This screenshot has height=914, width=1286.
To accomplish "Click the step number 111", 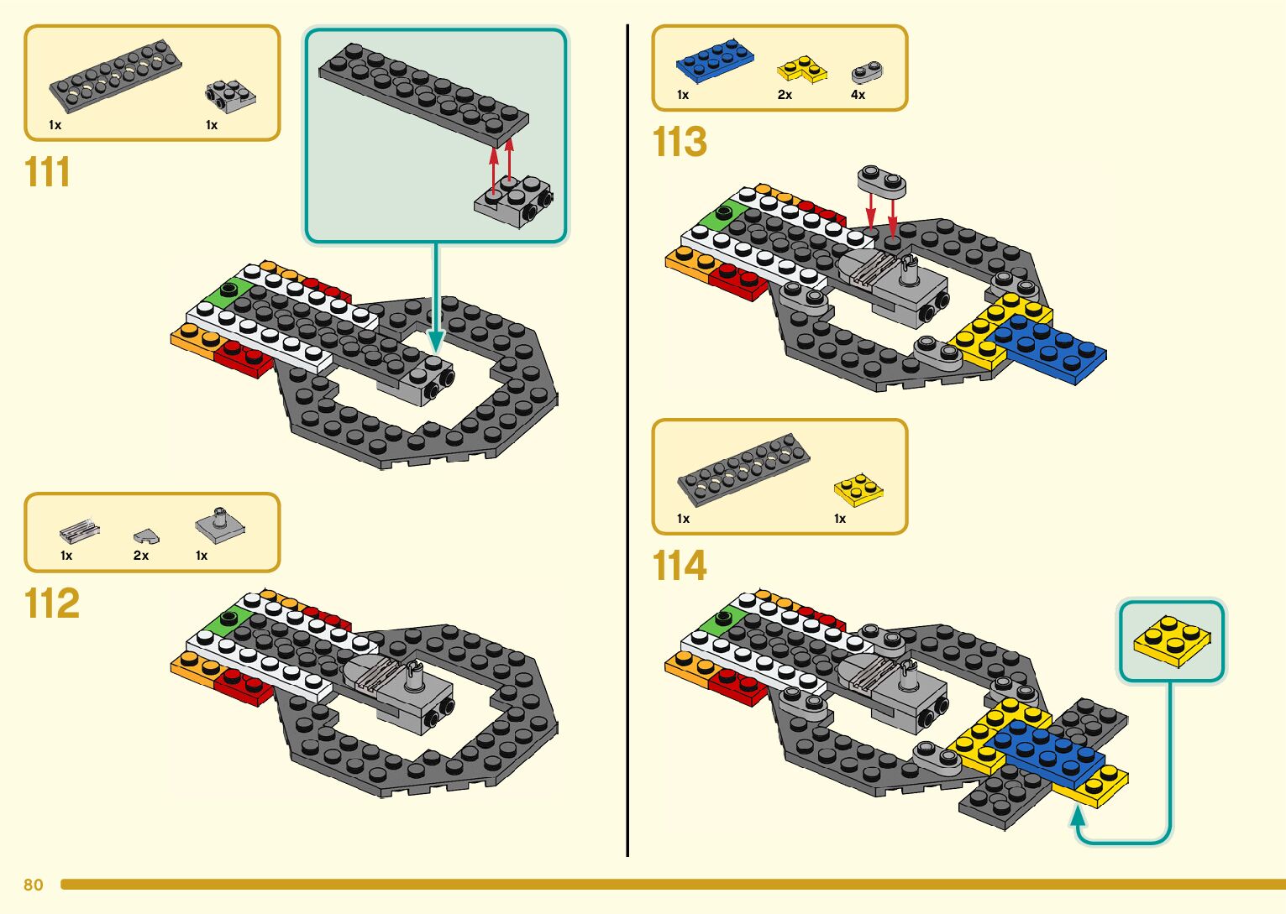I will tap(48, 172).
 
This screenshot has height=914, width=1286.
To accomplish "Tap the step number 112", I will tap(52, 603).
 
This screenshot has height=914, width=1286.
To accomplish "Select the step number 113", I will tap(680, 142).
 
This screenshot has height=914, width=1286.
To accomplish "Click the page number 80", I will tap(34, 885).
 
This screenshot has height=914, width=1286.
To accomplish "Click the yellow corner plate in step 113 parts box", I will tap(802, 70).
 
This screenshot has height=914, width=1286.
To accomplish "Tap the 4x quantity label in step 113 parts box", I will tap(858, 95).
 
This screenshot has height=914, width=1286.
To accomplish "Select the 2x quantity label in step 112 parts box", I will tap(141, 556).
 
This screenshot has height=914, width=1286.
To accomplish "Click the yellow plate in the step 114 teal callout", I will tap(1171, 640).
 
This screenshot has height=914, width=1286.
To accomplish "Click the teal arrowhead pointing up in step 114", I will tap(1078, 813).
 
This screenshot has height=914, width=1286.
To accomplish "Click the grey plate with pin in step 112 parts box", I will tap(220, 525).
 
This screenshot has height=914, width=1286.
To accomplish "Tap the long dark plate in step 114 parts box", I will tap(743, 468).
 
